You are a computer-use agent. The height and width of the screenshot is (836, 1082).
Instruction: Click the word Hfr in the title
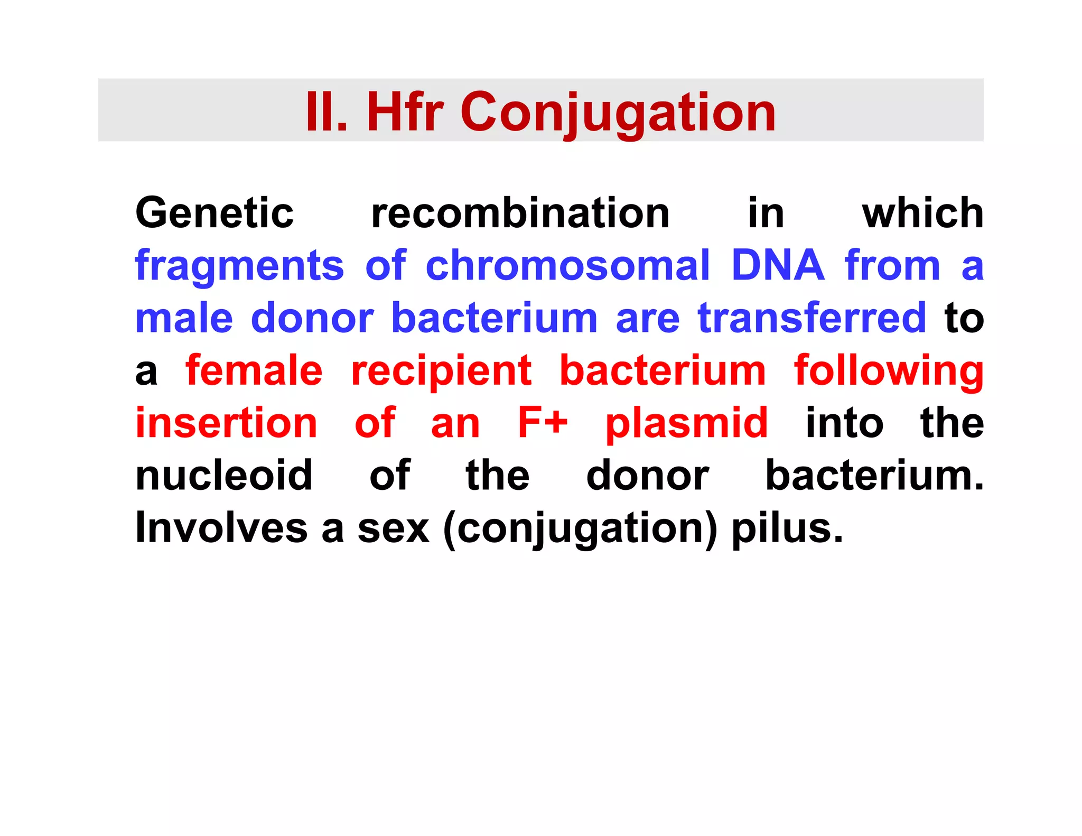(x=405, y=112)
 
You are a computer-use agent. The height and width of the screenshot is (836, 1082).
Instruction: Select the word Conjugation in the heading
(x=618, y=113)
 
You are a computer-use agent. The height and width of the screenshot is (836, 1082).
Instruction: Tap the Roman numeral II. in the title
(x=327, y=112)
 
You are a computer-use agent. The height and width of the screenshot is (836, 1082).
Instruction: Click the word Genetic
(x=214, y=213)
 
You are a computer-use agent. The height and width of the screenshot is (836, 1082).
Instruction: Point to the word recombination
(x=520, y=213)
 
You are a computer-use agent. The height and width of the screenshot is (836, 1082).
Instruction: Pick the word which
(x=922, y=213)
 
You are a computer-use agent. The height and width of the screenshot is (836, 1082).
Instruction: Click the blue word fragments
(x=239, y=266)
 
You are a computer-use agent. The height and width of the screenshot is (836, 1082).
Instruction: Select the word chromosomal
(x=568, y=265)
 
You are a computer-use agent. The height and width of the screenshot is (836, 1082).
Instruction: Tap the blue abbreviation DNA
(x=777, y=265)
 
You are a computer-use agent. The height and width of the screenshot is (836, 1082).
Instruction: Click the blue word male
(x=184, y=318)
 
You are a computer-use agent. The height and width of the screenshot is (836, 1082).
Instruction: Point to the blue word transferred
(x=811, y=318)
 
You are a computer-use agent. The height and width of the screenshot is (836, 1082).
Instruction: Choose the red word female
(x=254, y=370)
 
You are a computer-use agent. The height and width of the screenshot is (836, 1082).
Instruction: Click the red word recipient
(x=441, y=371)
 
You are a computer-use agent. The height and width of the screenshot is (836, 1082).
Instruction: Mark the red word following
(x=889, y=371)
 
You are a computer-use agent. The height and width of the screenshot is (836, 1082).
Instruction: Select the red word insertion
(x=226, y=423)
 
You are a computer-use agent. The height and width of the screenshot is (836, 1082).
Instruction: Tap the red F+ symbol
(x=543, y=423)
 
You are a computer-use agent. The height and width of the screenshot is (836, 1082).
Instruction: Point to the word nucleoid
(x=224, y=476)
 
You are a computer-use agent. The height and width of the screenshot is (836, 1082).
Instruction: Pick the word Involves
(x=221, y=528)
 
